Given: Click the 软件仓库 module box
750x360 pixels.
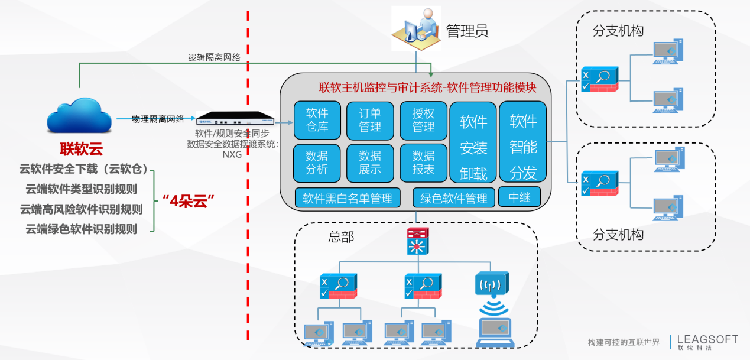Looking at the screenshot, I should pos(317,120).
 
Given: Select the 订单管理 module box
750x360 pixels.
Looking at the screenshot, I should pos(370,120).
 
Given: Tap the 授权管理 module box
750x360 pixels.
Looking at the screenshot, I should pos(423,120).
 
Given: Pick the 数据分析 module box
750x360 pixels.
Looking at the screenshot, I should pos(317,163).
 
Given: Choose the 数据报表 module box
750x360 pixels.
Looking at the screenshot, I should pos(423,163).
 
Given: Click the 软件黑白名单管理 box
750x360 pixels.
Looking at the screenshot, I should pos(348,198).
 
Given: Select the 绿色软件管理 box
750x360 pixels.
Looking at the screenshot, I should pos(453,198).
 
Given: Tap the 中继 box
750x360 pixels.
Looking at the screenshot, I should pos(520,197).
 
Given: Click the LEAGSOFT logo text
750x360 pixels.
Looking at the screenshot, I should pos(707,339).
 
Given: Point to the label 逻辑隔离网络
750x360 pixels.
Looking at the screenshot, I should pos(215,57).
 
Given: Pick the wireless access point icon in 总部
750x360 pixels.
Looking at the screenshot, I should pos(491,284).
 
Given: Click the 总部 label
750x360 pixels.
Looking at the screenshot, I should pos(341,237).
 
